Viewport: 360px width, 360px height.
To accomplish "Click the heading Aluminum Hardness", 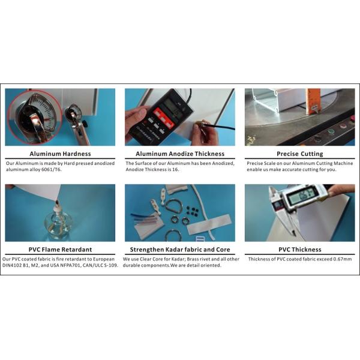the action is point(60,154).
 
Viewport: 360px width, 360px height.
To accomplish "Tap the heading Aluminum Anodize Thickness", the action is point(180,154).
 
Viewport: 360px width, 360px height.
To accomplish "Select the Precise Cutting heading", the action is point(300,154).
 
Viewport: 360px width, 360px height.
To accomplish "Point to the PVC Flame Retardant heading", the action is point(60,250).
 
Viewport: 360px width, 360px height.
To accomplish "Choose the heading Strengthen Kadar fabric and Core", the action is point(180,250).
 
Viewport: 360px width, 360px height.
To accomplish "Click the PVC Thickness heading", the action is point(300,250).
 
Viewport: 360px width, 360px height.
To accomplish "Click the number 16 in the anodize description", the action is point(175,170).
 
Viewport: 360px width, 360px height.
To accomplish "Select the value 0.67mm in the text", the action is point(343,259).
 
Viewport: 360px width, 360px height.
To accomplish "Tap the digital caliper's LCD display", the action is point(301,197).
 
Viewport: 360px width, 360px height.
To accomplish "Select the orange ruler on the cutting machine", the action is point(313,102).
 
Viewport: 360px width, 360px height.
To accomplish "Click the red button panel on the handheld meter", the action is point(163,118).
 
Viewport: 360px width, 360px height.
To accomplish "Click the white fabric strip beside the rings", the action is point(209,224).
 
